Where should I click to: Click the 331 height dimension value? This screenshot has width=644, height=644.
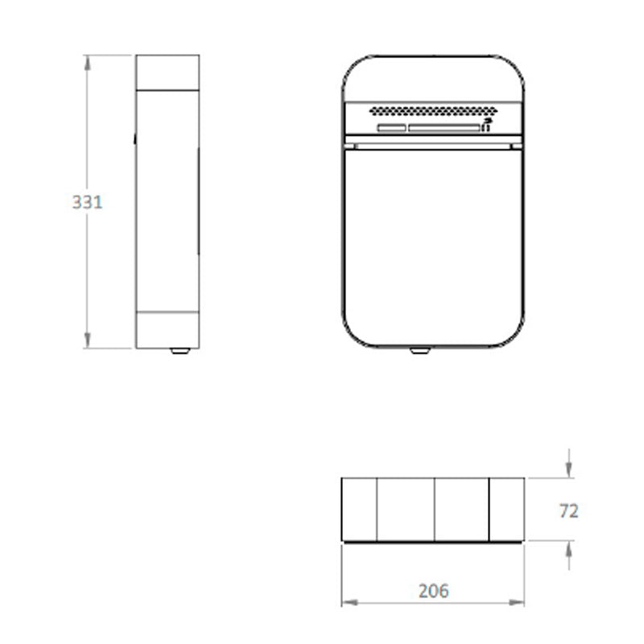[87, 202]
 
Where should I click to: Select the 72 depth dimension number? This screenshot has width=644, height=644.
[569, 511]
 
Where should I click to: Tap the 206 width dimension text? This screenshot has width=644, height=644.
[434, 591]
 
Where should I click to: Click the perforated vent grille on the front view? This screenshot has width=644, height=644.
[433, 110]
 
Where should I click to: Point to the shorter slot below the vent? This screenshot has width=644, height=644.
[392, 128]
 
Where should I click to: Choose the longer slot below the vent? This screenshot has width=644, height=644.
[444, 128]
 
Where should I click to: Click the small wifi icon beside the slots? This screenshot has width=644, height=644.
[487, 125]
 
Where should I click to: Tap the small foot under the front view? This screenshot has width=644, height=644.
[419, 351]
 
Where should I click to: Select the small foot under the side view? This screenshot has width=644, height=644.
[180, 351]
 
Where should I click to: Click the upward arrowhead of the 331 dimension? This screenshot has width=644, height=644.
[87, 63]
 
